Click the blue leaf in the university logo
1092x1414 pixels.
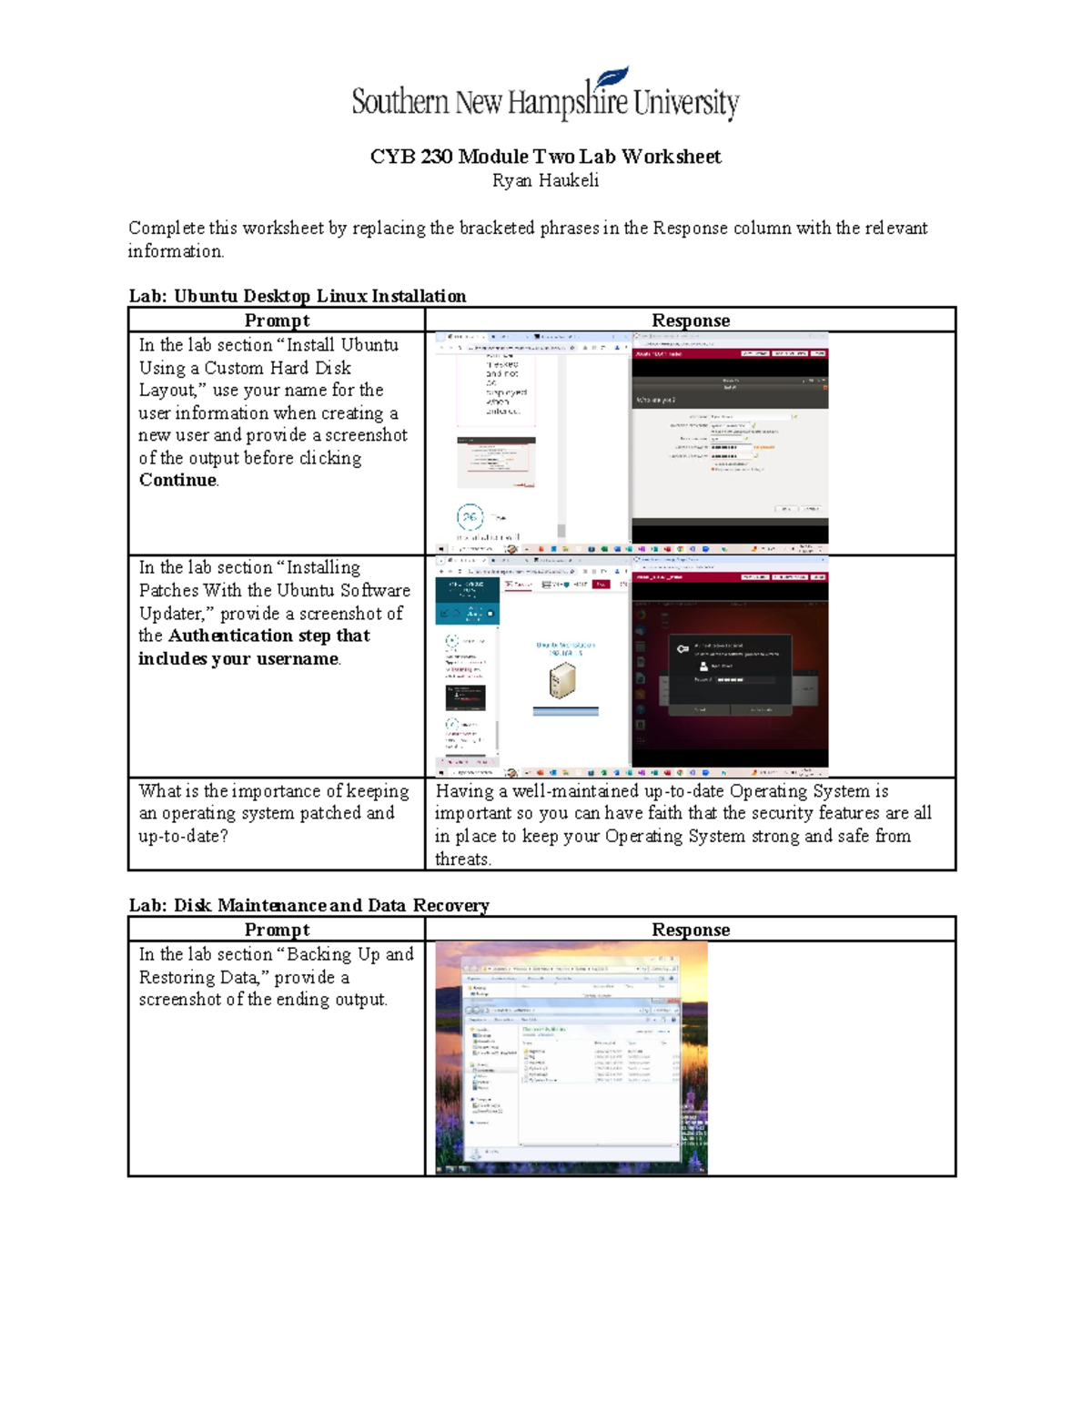[612, 79]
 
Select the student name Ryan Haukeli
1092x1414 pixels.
[545, 180]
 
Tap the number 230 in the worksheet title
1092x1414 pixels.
[437, 157]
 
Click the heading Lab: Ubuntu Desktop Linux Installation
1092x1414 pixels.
[297, 296]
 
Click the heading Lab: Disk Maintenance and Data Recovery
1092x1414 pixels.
[308, 905]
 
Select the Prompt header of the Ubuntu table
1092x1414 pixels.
[277, 320]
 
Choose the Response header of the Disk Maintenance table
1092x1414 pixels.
[690, 930]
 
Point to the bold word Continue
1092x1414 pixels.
[177, 480]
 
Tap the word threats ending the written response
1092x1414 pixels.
[462, 859]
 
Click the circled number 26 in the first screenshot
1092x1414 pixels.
[470, 517]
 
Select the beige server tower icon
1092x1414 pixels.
[562, 680]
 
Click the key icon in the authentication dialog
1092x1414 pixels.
[682, 648]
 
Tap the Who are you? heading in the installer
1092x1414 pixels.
[655, 400]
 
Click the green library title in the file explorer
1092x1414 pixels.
[543, 1029]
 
